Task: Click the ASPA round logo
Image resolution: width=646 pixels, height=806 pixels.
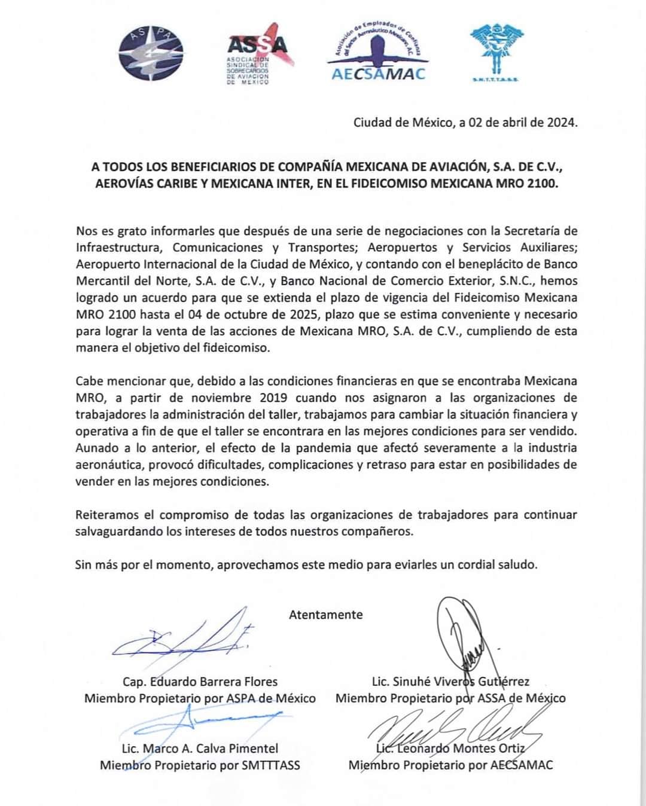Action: click(x=151, y=54)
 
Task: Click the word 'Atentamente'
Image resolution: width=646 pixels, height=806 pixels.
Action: click(x=325, y=615)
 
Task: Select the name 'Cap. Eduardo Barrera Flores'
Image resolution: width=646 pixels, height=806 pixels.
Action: click(x=200, y=682)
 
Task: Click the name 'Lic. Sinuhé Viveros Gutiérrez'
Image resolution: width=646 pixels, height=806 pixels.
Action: click(x=450, y=682)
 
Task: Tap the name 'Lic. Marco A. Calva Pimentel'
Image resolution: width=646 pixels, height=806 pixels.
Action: click(x=200, y=749)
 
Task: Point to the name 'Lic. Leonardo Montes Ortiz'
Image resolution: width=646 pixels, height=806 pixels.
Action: click(x=450, y=749)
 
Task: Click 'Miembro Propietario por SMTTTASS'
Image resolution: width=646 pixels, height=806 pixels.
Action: click(x=200, y=765)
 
